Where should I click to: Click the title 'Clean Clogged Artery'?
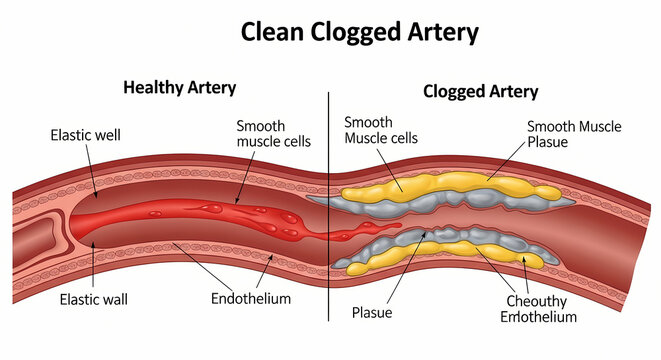[x=359, y=32]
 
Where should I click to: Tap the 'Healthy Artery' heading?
[x=179, y=87]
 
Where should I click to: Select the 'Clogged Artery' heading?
[x=480, y=91]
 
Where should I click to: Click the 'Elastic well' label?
[x=85, y=135]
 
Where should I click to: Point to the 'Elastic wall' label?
[x=93, y=298]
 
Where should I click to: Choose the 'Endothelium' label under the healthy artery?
[x=250, y=298]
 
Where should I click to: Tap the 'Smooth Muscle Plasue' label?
[x=573, y=134]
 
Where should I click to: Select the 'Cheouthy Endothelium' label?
[x=536, y=308]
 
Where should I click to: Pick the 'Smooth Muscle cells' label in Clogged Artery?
[x=381, y=130]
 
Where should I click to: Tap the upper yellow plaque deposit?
[x=440, y=186]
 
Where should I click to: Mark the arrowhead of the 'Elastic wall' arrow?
[x=92, y=251]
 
